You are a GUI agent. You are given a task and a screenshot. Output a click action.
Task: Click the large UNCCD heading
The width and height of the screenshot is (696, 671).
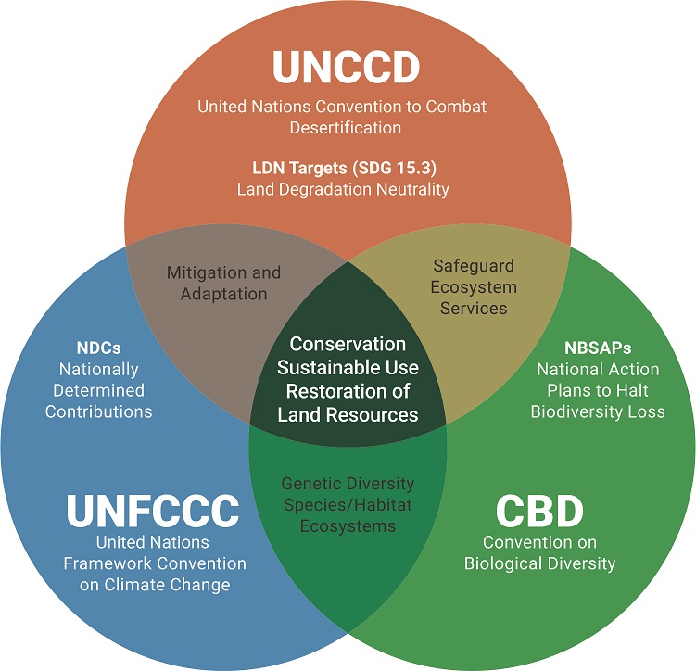point(346,67)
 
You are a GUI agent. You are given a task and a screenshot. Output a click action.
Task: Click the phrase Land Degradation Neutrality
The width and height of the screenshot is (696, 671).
point(343,189)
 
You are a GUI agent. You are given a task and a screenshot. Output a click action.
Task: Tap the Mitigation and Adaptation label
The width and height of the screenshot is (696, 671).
point(222,284)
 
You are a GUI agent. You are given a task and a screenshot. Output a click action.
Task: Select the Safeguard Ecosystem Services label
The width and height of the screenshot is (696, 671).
point(473,286)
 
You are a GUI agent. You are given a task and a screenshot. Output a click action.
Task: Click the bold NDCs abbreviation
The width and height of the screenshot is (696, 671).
point(98,349)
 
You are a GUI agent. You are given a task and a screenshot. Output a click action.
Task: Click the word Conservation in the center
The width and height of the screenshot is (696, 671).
point(348,344)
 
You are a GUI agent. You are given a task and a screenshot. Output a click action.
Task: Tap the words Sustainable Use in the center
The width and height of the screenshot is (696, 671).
point(348,367)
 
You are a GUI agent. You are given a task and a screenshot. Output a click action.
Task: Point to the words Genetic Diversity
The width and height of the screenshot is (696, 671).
point(348,484)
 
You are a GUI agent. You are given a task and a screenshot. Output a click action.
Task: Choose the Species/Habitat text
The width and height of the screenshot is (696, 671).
point(348,505)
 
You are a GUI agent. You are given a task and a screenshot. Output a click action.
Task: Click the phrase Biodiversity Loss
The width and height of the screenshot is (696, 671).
point(597,411)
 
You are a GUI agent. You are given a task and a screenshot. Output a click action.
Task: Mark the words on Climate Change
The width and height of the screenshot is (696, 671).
point(155,585)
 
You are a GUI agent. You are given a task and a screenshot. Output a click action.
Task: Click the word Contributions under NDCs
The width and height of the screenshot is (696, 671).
point(98,411)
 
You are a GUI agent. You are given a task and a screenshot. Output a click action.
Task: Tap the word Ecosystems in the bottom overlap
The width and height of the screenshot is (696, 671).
point(348,526)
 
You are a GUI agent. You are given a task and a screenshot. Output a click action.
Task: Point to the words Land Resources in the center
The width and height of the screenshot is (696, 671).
point(348,414)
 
